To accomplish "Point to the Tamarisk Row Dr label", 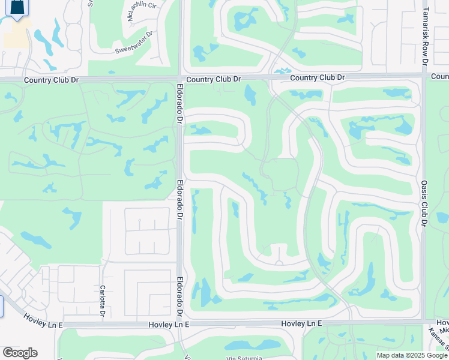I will coord(424,36).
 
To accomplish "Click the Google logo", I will coord(20,353).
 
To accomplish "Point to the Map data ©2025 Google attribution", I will coord(412,355).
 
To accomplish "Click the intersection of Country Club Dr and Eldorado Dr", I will coord(180,79).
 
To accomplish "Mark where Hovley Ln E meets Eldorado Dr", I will coord(180,324).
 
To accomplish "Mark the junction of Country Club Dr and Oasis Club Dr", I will coord(424,76).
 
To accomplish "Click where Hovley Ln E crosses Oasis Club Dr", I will coord(424,321).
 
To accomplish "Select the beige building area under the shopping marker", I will coord(17,36).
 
